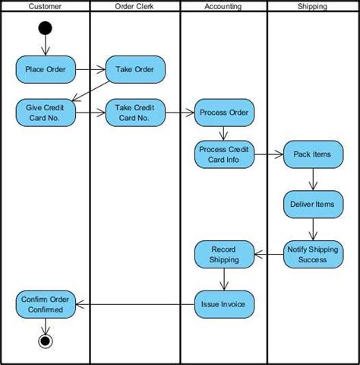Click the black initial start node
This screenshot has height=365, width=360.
tap(46, 29)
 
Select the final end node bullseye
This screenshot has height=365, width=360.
tap(46, 341)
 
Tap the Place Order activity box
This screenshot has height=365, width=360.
tap(46, 71)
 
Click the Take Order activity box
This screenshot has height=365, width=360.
tap(134, 71)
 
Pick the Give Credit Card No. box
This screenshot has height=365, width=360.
tap(46, 113)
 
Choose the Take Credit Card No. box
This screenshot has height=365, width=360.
tap(134, 113)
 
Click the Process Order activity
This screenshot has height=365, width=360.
tap(223, 113)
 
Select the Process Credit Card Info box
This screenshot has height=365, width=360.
tap(223, 154)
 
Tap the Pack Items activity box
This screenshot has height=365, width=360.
tap(312, 154)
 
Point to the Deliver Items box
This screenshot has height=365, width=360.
tap(312, 204)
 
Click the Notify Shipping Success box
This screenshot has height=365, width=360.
tap(312, 254)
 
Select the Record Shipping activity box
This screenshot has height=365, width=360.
tap(223, 254)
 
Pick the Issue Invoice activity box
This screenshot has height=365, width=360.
tap(223, 304)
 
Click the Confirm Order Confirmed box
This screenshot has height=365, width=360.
tap(46, 304)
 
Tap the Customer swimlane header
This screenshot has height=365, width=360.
tap(46, 6)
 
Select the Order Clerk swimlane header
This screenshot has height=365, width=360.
tap(134, 6)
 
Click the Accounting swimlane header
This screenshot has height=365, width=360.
tap(223, 6)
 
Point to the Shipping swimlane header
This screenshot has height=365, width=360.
tap(312, 6)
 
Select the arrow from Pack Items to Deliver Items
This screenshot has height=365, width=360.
tap(312, 179)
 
